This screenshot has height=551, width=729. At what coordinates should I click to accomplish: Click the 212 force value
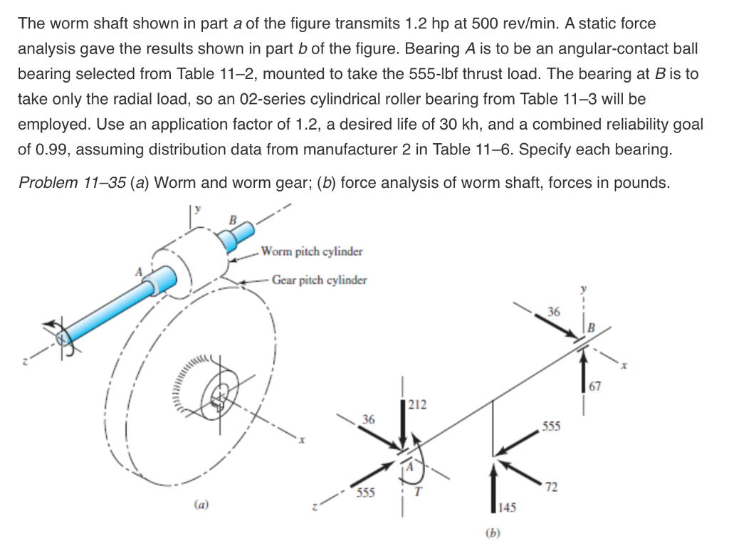point(418,406)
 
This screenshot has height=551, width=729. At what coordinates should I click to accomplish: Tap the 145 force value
point(506,508)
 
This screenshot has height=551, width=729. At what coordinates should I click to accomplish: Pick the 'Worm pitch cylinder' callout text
point(312,251)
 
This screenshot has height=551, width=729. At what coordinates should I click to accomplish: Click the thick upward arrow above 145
point(492,487)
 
